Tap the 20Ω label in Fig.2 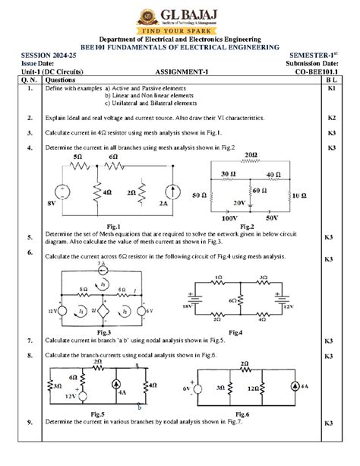tap(251, 154)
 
